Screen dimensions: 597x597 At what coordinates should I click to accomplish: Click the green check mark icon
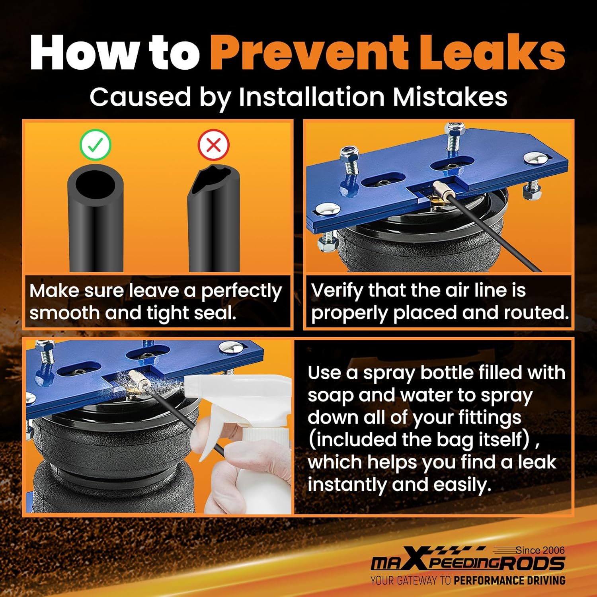click(x=95, y=145)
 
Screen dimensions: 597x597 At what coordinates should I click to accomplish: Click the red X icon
click(x=213, y=145)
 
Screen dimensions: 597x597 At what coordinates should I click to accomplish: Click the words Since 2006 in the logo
click(x=540, y=550)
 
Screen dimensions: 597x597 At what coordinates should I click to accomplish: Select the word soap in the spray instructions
click(x=330, y=396)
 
